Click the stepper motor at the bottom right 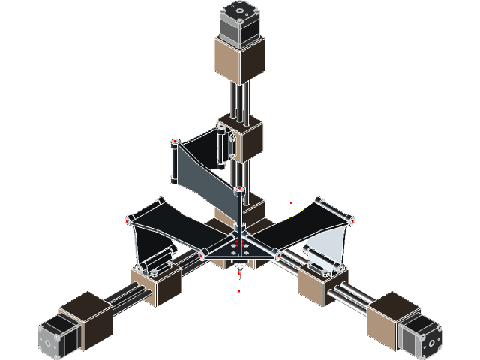(x=419, y=334)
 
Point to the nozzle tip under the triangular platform (x=239, y=272)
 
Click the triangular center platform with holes (x=239, y=247)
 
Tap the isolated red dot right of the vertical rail (x=292, y=203)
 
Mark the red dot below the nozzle (x=239, y=289)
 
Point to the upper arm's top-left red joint (x=174, y=142)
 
